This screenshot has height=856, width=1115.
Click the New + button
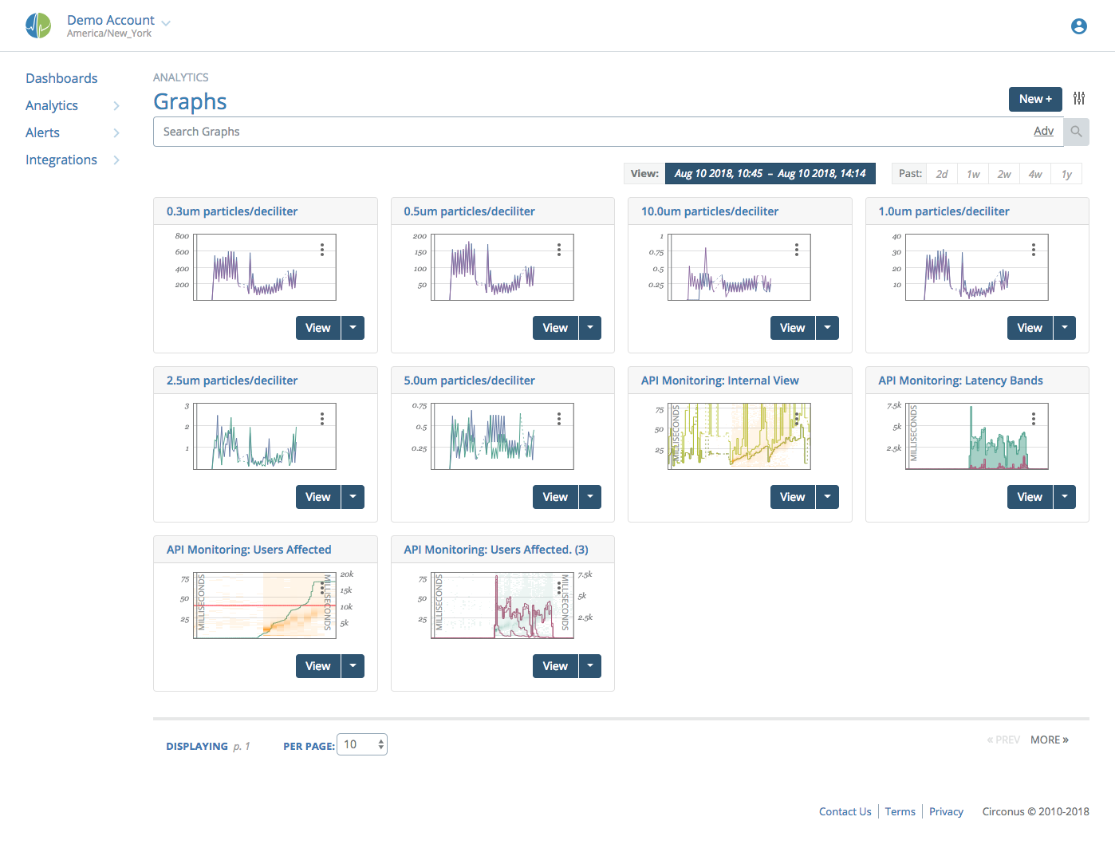point(1034,99)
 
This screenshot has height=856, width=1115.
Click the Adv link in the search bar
point(1043,131)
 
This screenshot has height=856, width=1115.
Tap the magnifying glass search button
point(1077,132)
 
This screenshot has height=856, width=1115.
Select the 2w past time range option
point(1004,174)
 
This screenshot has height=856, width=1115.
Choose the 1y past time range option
point(1066,174)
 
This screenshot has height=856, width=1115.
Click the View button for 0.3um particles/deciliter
point(317,328)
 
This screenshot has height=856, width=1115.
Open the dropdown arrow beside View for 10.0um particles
point(827,328)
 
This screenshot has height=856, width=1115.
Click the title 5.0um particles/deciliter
point(469,381)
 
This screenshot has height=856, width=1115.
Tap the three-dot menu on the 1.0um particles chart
point(1034,250)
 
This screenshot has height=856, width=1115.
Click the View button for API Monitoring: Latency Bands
point(1029,497)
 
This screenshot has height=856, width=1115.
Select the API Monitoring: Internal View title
point(719,381)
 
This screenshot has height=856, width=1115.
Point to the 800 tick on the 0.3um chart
point(182,236)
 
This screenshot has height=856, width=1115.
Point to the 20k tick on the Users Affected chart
point(347,574)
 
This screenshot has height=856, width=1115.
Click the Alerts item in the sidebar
point(42,132)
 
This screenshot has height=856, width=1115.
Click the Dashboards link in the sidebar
point(61,78)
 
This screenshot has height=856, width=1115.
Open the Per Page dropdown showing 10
point(362,744)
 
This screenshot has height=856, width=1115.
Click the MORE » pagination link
point(1049,740)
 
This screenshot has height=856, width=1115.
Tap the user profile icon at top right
point(1078,26)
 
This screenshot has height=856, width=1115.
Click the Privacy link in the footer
point(946,811)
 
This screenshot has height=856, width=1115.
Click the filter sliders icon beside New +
point(1079,98)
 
